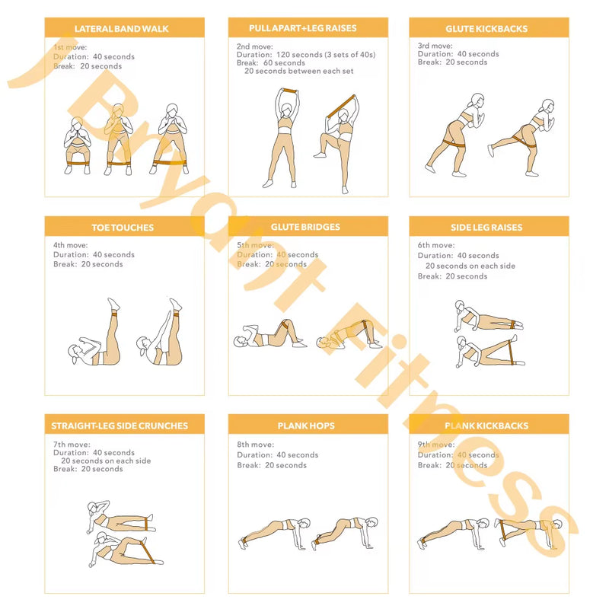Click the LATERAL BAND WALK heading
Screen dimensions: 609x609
(122, 29)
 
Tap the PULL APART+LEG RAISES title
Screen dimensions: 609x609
(302, 28)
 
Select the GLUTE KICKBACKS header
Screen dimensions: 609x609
(486, 29)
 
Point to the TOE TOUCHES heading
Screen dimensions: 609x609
(123, 228)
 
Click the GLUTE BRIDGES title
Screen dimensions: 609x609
(305, 227)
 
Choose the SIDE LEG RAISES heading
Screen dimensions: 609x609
(486, 228)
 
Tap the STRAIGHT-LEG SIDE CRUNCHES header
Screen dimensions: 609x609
(120, 426)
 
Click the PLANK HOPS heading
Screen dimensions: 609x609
(306, 426)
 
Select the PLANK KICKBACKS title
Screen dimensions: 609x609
(486, 426)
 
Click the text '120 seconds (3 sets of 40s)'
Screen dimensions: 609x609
(326, 55)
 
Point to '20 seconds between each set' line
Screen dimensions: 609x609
(298, 71)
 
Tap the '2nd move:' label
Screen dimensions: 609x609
(255, 46)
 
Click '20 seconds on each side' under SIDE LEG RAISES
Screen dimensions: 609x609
(470, 266)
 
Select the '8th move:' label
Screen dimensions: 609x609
(255, 445)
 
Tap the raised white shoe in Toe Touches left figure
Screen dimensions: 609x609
(113, 303)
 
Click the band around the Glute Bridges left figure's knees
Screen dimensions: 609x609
(285, 324)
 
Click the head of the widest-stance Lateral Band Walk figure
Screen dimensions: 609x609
(172, 110)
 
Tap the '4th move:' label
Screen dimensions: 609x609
(70, 245)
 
